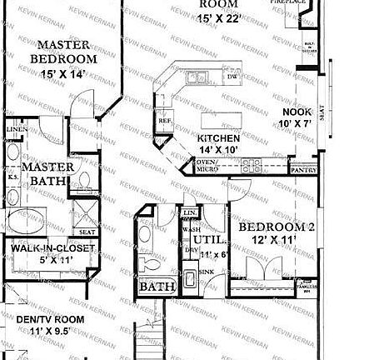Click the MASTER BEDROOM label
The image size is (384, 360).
click(62, 52)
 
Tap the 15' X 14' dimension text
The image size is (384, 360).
click(62, 73)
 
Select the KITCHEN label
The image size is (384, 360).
click(219, 138)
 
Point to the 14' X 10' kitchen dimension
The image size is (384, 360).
click(219, 150)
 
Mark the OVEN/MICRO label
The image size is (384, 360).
click(206, 165)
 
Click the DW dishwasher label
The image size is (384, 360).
click(232, 77)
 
